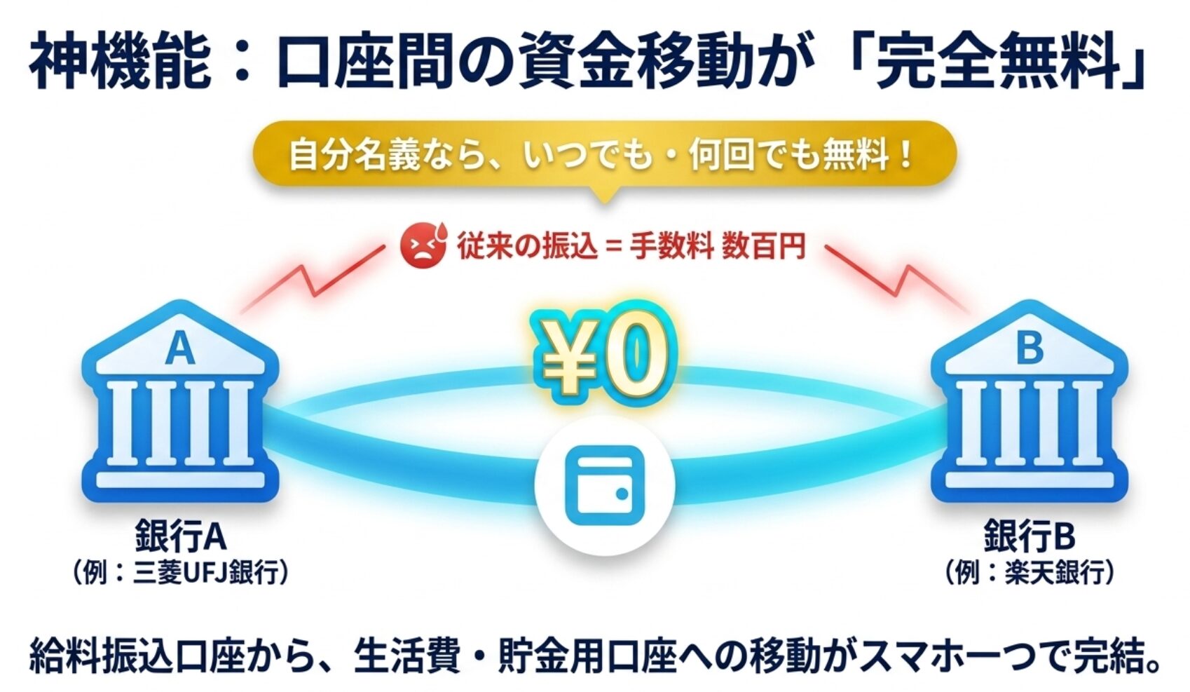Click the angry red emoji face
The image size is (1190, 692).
(x=423, y=246)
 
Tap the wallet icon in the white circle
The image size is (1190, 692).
(x=605, y=485)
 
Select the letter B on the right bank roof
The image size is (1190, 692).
(x=1029, y=348)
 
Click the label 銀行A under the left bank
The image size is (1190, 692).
(x=181, y=536)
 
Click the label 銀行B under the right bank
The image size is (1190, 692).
(x=1030, y=536)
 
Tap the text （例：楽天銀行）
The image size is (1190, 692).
(x=1030, y=572)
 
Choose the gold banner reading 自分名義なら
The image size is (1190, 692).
(x=605, y=155)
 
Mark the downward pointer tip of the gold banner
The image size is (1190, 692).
(x=605, y=203)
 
